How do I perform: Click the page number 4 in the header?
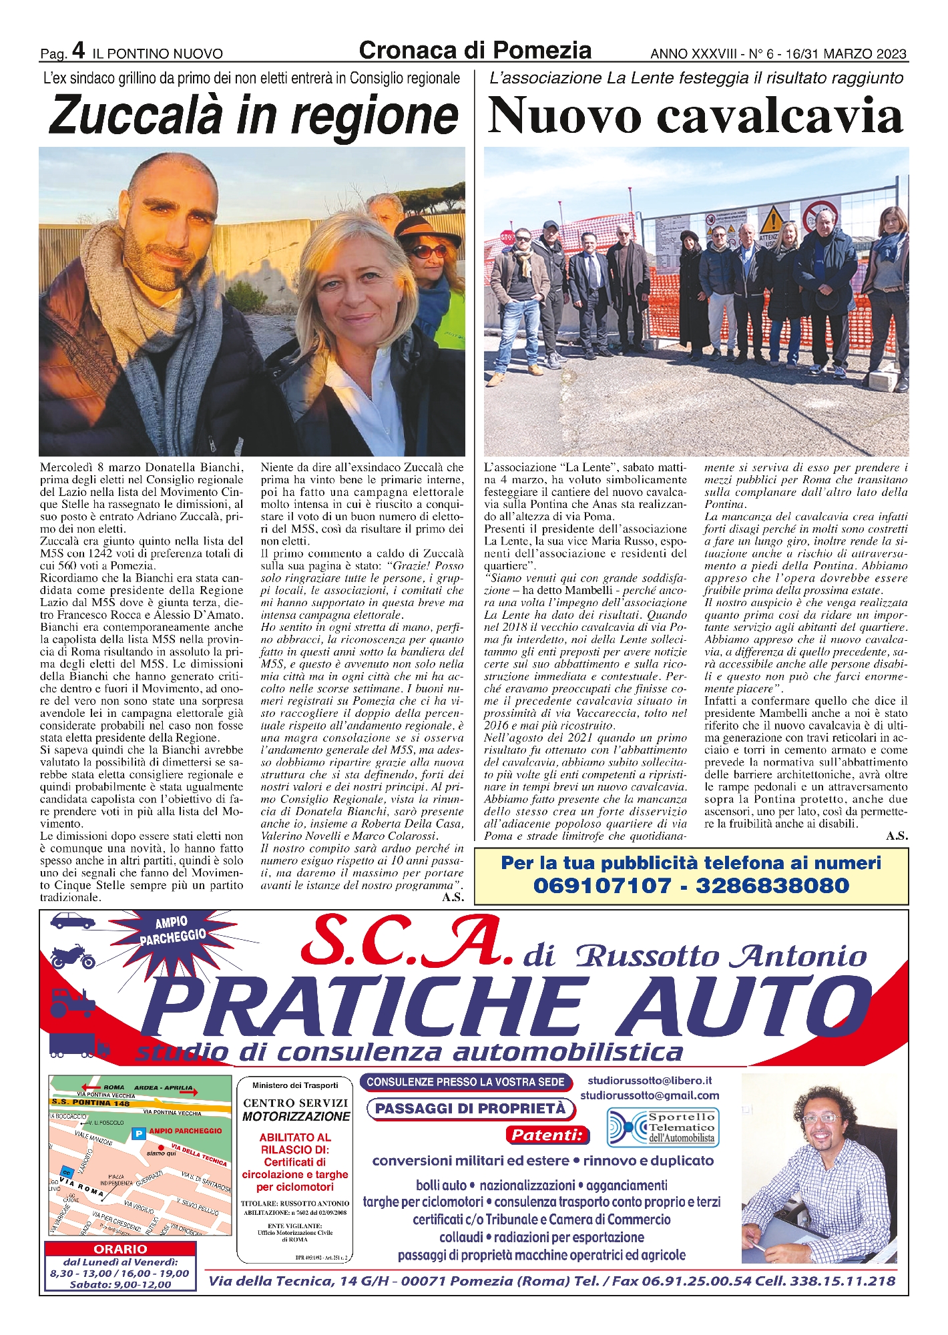pos(79,51)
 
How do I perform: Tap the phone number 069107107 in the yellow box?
pos(602,886)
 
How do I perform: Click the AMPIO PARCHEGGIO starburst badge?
pos(172,930)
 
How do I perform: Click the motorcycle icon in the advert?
pos(73,957)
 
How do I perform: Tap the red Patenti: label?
pos(547,1134)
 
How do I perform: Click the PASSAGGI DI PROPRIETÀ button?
pos(470,1109)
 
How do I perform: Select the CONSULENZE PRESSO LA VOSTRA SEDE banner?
pos(465,1082)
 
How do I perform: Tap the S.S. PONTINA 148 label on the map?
pos(91,1103)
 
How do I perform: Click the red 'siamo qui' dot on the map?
pos(161,1147)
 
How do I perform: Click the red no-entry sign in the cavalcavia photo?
pos(813,216)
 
